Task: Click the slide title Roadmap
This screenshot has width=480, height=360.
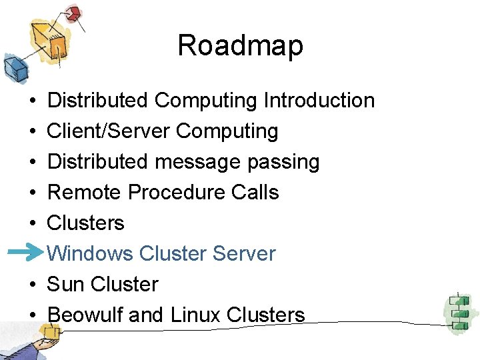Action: click(240, 46)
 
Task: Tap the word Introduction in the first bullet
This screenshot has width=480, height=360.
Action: click(319, 101)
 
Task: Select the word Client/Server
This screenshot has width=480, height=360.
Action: click(109, 131)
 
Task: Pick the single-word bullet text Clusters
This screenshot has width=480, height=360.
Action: click(86, 223)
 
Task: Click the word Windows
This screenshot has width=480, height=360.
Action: click(91, 253)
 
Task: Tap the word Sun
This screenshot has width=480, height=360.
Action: click(65, 284)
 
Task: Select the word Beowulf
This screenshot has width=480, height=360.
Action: click(85, 315)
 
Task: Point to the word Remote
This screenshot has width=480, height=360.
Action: click(85, 193)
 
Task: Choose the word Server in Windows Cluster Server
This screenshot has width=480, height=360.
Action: click(243, 253)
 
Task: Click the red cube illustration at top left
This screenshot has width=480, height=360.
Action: click(73, 13)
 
